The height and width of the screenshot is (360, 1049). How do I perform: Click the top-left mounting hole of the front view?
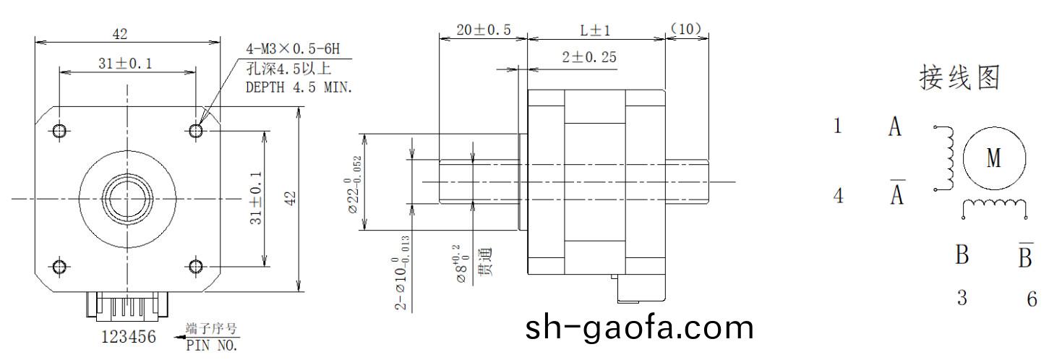[x=60, y=130]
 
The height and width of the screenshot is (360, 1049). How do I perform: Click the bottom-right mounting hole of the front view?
[x=195, y=265]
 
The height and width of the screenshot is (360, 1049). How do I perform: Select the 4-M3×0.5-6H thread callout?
[x=292, y=50]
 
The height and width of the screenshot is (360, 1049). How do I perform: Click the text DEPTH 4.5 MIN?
[x=299, y=87]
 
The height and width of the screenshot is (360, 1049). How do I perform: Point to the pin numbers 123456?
[x=129, y=337]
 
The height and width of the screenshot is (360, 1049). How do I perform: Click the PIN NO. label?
[x=211, y=345]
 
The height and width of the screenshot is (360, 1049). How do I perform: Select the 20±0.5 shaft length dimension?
[x=484, y=30]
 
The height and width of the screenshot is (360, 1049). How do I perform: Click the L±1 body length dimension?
[x=596, y=30]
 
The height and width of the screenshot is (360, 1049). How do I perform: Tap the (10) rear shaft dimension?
[x=686, y=29]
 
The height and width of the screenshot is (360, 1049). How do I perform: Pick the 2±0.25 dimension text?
[x=589, y=58]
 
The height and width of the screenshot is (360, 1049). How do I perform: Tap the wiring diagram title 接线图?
[x=959, y=78]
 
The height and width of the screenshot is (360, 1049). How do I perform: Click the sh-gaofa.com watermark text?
[x=639, y=327]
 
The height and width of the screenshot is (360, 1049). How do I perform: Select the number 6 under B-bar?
[x=1032, y=299]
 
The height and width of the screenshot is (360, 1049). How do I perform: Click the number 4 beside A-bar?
[x=839, y=196]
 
